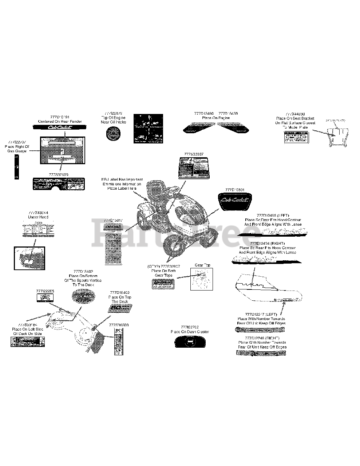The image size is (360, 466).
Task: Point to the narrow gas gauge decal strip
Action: coord(16,166)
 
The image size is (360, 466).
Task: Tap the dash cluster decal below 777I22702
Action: coord(189,341)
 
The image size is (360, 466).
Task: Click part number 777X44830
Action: coord(295,114)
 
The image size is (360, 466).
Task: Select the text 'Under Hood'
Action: coord(38,217)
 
